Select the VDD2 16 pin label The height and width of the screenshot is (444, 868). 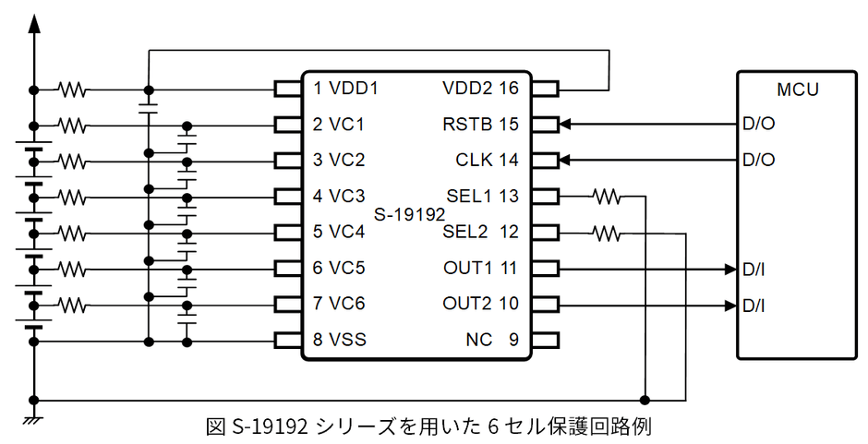click(481, 89)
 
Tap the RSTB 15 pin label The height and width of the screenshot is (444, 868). click(482, 124)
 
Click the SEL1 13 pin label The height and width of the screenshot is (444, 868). click(482, 196)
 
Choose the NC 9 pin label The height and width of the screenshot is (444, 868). click(492, 340)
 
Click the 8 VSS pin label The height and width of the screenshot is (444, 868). click(339, 340)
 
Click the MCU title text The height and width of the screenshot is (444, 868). click(798, 90)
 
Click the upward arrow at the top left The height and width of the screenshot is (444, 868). click(34, 23)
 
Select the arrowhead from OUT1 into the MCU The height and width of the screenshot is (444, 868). click(729, 269)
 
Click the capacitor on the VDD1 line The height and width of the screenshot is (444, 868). click(147, 107)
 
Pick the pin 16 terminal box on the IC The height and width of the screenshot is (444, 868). click(545, 90)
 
